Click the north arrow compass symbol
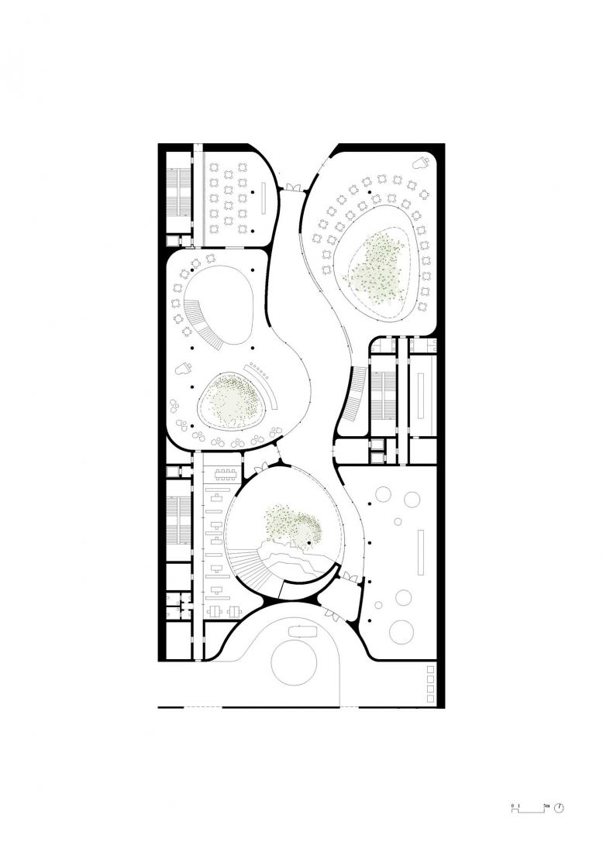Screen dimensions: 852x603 click(560, 807)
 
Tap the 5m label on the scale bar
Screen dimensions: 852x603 click(547, 806)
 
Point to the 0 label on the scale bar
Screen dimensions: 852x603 click(513, 806)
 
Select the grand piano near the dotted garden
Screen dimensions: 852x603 click(184, 369)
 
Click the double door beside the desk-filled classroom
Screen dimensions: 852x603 click(292, 187)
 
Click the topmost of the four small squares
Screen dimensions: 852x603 click(431, 668)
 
